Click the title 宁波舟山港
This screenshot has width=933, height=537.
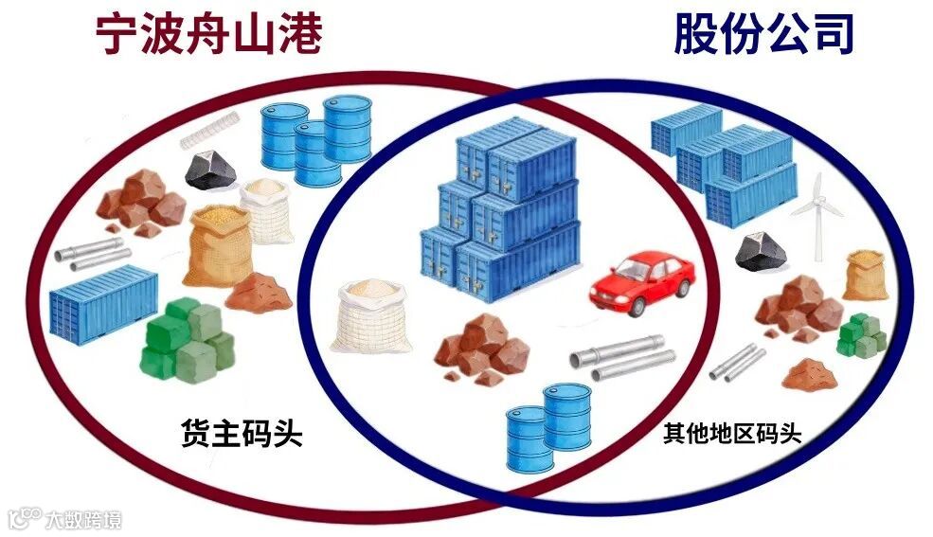click(x=209, y=35)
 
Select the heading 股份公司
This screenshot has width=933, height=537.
click(x=763, y=35)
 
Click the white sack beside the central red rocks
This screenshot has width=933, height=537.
click(x=372, y=313)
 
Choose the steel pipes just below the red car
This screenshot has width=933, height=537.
click(x=622, y=357)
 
